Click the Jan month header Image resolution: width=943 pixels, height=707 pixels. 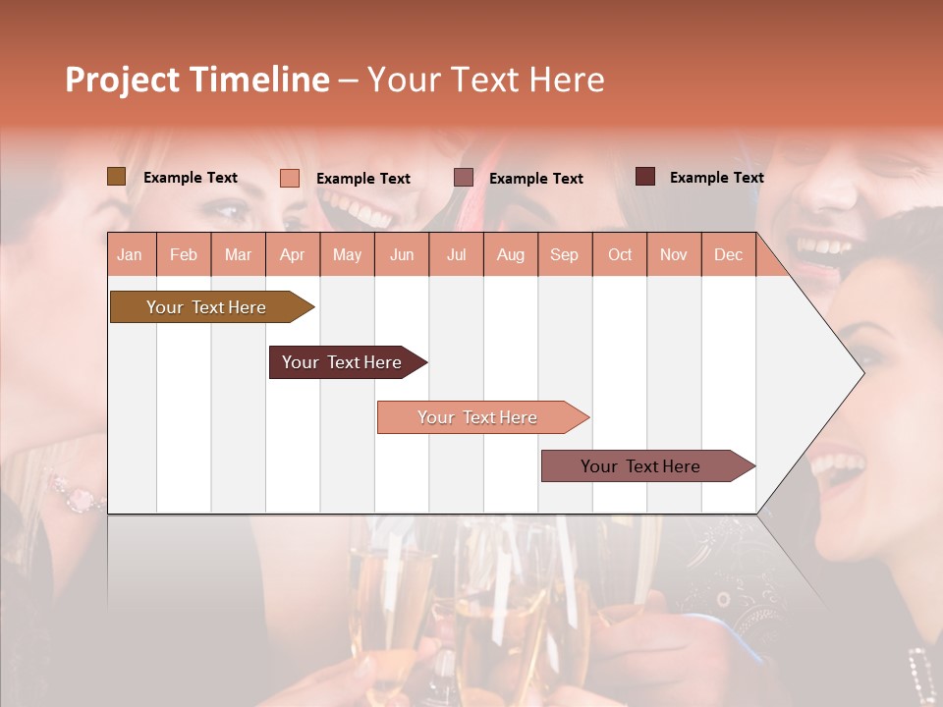[130, 255]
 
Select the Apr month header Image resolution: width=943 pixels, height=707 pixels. [293, 255]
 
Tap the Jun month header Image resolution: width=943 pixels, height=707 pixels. [402, 255]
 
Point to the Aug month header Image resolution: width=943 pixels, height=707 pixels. [511, 255]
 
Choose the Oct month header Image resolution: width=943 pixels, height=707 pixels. [620, 255]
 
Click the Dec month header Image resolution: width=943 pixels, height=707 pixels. [728, 255]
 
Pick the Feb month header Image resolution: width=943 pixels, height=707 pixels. [184, 255]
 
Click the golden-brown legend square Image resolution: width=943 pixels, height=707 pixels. [116, 177]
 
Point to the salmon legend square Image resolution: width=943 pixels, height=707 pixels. [290, 178]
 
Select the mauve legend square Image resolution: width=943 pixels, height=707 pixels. [464, 178]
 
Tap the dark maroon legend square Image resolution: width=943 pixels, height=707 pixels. [645, 177]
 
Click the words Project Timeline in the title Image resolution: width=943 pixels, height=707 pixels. [196, 80]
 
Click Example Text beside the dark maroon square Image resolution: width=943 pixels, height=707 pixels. [716, 178]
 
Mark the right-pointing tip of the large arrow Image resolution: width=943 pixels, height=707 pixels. [861, 372]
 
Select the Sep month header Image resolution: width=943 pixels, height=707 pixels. [564, 255]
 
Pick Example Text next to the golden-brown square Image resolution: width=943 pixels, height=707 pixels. [191, 178]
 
